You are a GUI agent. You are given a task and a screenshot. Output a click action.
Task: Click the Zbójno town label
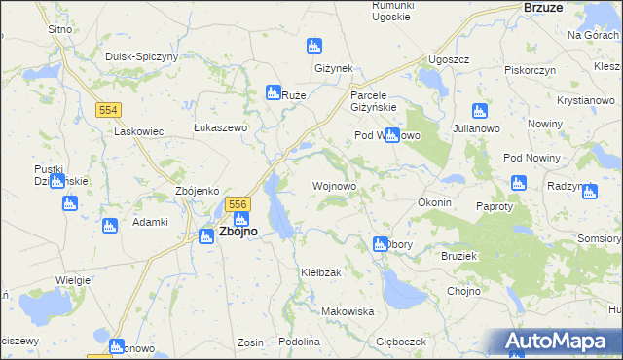[238, 233]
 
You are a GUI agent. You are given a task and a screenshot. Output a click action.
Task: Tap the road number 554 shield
[108, 110]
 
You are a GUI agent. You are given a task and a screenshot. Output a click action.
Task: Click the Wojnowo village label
[333, 185]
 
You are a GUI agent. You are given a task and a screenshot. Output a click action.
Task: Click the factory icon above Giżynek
[314, 46]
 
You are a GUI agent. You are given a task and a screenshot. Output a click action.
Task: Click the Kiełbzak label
[320, 272]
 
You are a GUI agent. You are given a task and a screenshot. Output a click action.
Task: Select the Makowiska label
[348, 311]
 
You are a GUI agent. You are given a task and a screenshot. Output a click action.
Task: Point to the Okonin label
[434, 202]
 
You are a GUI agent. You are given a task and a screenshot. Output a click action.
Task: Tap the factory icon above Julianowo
[479, 110]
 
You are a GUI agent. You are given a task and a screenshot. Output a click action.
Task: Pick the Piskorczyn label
[530, 70]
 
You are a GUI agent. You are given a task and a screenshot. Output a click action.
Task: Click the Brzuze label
[543, 7]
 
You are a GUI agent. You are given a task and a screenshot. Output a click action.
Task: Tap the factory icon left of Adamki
[109, 226]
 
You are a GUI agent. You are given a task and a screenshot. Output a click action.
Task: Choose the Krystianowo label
[585, 100]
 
